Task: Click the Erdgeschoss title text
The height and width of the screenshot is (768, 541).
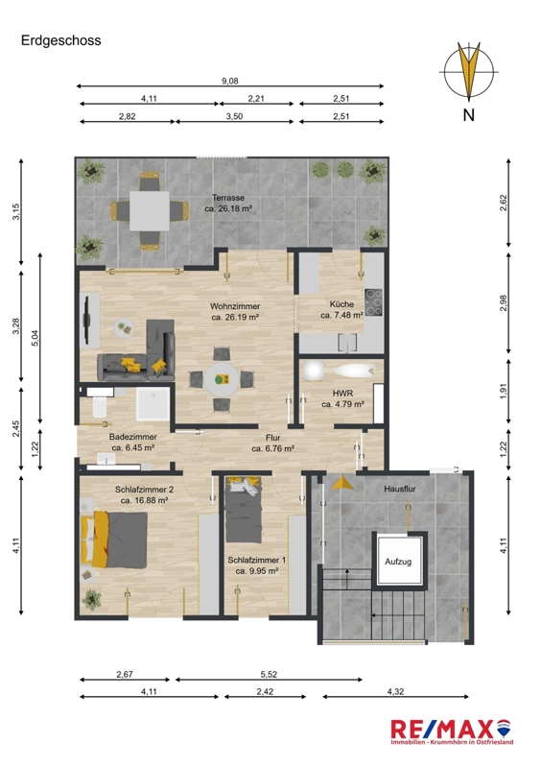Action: point(61,40)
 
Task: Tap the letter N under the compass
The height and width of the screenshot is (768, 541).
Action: point(468,115)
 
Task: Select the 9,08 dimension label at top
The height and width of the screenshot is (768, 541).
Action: point(229,81)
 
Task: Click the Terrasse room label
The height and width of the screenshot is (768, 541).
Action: point(228,198)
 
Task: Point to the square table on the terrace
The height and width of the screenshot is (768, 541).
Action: point(150,210)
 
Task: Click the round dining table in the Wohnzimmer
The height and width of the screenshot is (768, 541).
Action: point(222,379)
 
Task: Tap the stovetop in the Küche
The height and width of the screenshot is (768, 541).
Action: point(373,302)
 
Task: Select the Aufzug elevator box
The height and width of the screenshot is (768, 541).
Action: point(398,561)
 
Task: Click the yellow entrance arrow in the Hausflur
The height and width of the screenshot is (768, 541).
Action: point(342,483)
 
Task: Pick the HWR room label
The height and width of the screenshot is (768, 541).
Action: point(342,394)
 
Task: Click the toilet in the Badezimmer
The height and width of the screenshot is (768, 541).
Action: point(99,407)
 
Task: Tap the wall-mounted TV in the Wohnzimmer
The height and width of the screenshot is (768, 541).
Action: point(86,321)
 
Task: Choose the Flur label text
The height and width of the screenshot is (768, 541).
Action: point(272,438)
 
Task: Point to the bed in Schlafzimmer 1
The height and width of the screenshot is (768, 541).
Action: point(244,510)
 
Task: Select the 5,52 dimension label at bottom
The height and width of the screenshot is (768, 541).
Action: point(269,675)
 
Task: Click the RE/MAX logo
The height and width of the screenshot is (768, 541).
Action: point(452,732)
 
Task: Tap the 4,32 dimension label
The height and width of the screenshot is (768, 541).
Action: point(395,691)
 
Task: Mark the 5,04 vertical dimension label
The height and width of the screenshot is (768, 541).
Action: point(35,339)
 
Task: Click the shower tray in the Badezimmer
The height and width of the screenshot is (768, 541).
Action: point(153,404)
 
